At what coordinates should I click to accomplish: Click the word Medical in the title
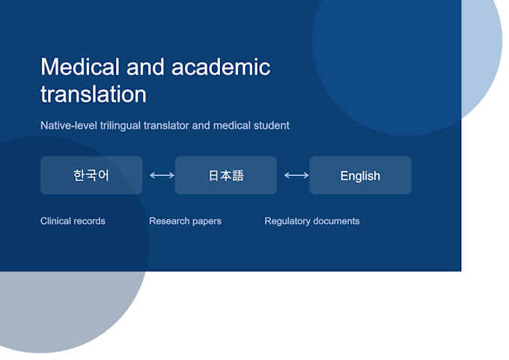click(x=80, y=67)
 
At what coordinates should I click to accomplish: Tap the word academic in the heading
click(x=221, y=67)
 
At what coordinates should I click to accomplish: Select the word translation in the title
click(x=94, y=94)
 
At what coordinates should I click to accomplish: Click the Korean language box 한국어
click(x=91, y=175)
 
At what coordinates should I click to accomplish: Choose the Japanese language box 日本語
click(x=226, y=175)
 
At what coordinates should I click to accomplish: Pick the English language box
click(x=360, y=175)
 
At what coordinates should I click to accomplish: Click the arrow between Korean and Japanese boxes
click(x=162, y=175)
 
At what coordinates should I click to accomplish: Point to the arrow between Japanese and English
click(x=296, y=175)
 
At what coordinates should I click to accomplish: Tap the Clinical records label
click(x=73, y=221)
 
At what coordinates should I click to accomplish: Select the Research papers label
click(x=186, y=221)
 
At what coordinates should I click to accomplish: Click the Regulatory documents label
click(x=312, y=221)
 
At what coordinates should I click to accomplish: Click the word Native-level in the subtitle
click(x=69, y=126)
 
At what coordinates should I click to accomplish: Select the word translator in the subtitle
click(x=166, y=126)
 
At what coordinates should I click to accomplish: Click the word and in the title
click(x=145, y=67)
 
